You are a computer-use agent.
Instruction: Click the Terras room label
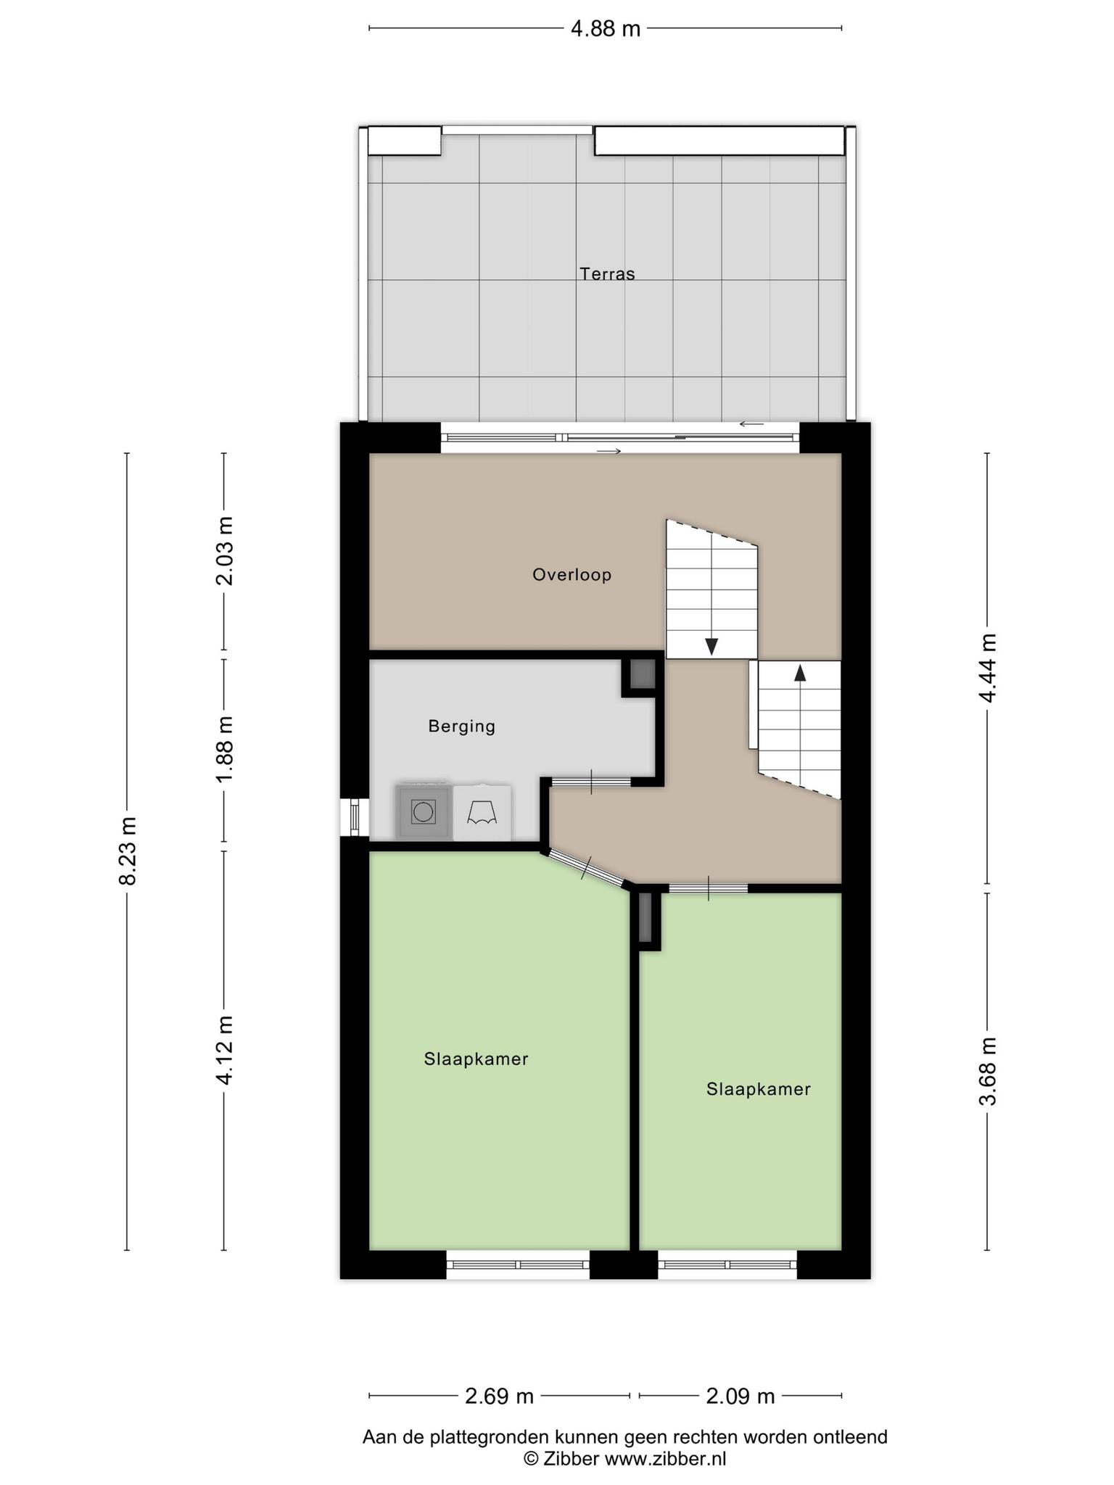point(607,274)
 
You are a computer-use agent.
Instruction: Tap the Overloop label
point(572,575)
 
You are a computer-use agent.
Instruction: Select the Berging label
point(461,726)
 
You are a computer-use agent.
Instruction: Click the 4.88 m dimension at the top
point(606,28)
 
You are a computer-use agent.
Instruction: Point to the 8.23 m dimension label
point(128,851)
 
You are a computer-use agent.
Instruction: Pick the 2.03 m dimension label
point(224,551)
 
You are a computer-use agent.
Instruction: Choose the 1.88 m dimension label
point(224,750)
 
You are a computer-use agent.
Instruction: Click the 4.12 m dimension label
point(224,1050)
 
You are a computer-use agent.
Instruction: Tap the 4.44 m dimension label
point(988,668)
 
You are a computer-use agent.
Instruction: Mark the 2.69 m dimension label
point(499,1396)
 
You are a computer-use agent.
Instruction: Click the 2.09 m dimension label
point(740,1396)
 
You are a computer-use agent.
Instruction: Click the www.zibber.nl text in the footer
point(665,1458)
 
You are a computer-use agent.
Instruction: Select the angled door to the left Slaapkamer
point(586,868)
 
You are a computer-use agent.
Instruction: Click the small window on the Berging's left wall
point(355,817)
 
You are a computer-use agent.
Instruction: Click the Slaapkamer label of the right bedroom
point(758,1089)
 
